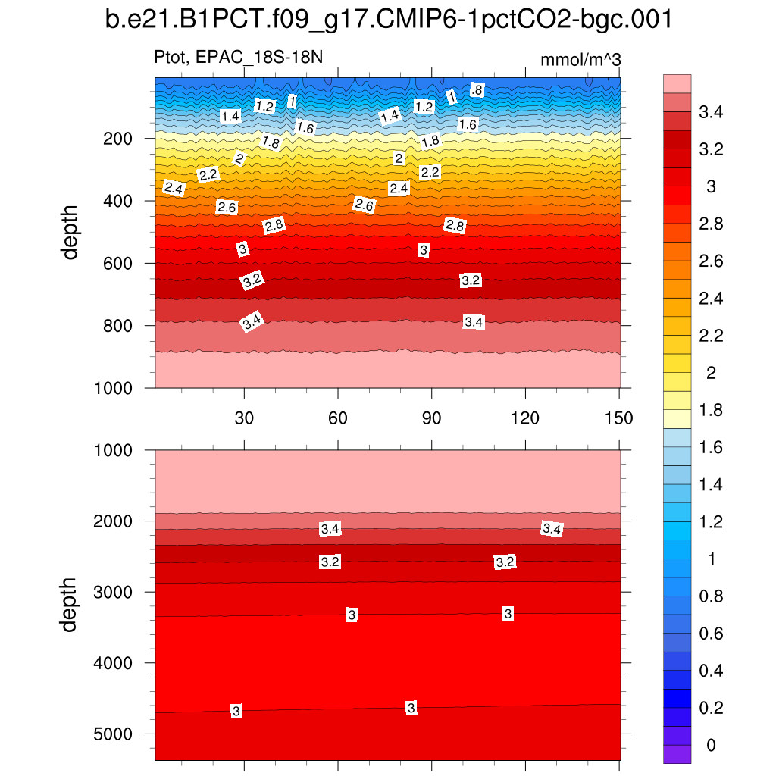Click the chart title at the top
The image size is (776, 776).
pos(388,20)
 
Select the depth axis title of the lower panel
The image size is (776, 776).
pos(70,605)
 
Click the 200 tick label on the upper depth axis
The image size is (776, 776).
pos(117,139)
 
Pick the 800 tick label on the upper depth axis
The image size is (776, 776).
pos(117,326)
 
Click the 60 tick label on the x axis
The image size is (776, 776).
pos(337,418)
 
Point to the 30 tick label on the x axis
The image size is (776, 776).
pos(243,418)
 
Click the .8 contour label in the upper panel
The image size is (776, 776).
pos(477,90)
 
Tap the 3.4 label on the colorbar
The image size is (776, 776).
pos(710,113)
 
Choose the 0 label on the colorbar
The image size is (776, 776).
pos(710,746)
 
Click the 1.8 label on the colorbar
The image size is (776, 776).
pos(710,411)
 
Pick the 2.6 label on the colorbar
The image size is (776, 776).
pos(710,262)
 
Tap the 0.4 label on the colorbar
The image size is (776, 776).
pos(710,671)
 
